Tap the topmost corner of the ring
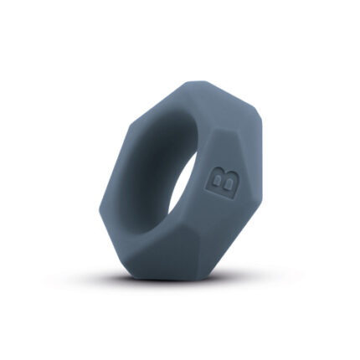(197, 81)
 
